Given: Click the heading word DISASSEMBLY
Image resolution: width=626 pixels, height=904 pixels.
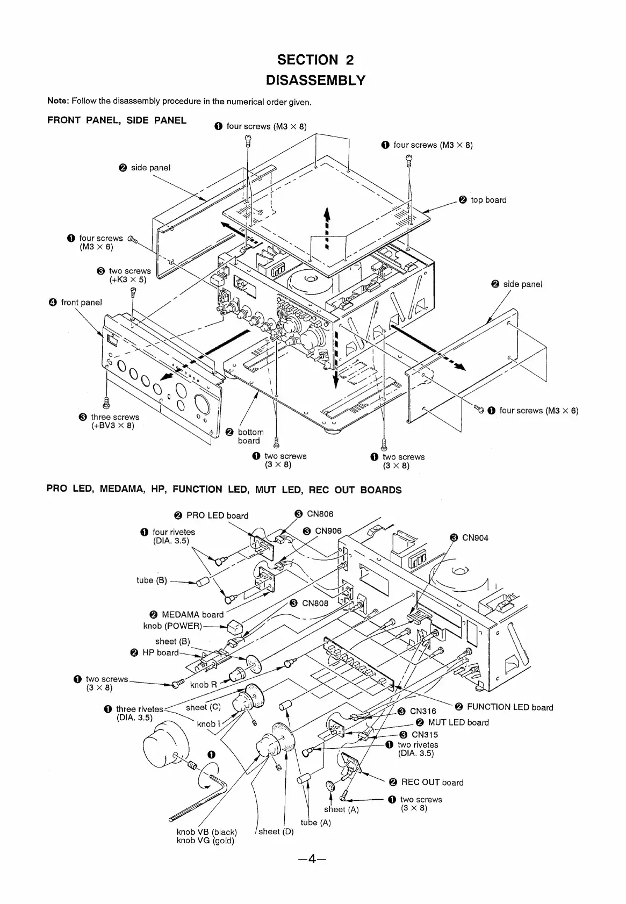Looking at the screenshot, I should [x=315, y=81].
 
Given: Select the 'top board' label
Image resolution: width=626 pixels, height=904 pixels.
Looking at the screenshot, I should [x=488, y=200].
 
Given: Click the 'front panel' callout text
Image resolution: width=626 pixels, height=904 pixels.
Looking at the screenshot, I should [x=81, y=302].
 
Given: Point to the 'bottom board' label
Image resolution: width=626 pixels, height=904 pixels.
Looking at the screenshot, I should [x=250, y=436].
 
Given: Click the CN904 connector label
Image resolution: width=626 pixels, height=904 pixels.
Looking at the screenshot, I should [x=475, y=537].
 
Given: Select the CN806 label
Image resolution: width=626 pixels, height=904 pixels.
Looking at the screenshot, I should [x=320, y=514].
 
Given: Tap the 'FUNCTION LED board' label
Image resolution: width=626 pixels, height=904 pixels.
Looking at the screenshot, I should [x=509, y=707].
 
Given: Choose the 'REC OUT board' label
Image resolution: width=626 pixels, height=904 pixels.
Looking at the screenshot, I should [x=432, y=783].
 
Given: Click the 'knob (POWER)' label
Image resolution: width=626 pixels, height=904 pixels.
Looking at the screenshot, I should [x=172, y=626].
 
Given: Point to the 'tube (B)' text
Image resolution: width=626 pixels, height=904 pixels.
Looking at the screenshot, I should [x=152, y=580].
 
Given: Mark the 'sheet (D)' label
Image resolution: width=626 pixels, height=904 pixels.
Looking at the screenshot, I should [x=276, y=831].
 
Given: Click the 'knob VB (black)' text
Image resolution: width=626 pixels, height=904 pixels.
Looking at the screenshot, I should [x=206, y=831].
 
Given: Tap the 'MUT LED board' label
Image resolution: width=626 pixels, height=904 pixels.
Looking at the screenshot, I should [x=458, y=723].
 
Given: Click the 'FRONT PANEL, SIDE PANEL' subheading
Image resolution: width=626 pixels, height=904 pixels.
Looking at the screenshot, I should [x=117, y=120].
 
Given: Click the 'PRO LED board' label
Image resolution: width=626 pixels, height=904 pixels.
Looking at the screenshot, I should [x=217, y=515].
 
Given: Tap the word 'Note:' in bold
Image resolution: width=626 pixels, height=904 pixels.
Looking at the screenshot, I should [x=58, y=101].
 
